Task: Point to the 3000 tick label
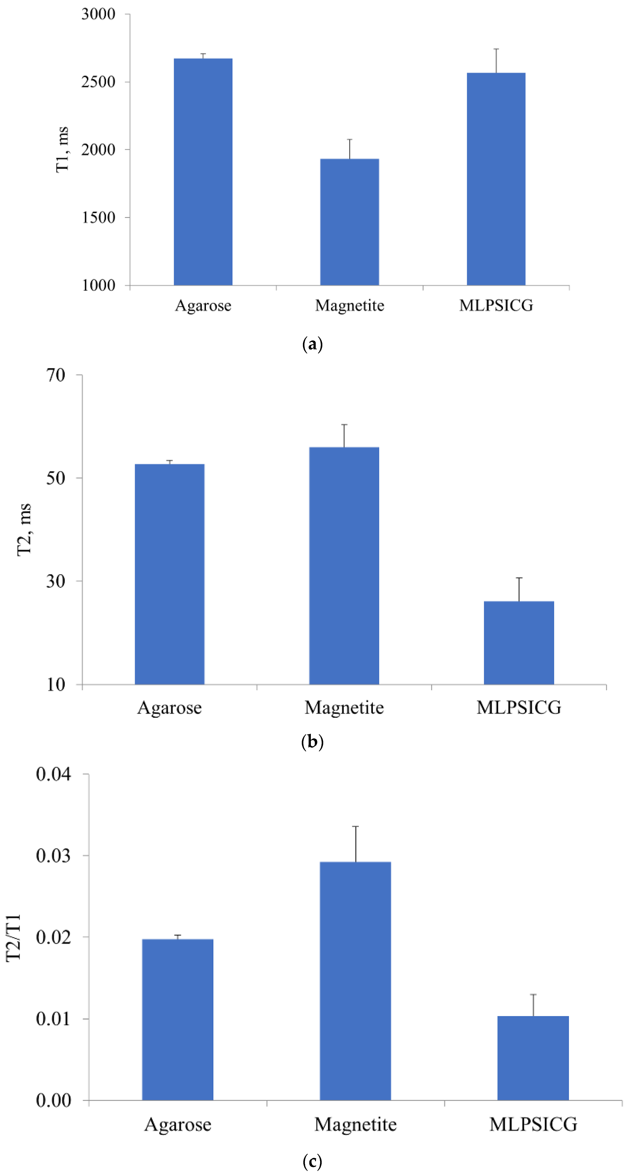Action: click(x=98, y=14)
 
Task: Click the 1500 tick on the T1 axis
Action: click(x=98, y=218)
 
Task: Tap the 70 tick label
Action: click(x=56, y=375)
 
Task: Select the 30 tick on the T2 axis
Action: click(x=56, y=581)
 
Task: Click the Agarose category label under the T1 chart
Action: click(x=203, y=305)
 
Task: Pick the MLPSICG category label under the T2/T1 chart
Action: click(x=533, y=1124)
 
